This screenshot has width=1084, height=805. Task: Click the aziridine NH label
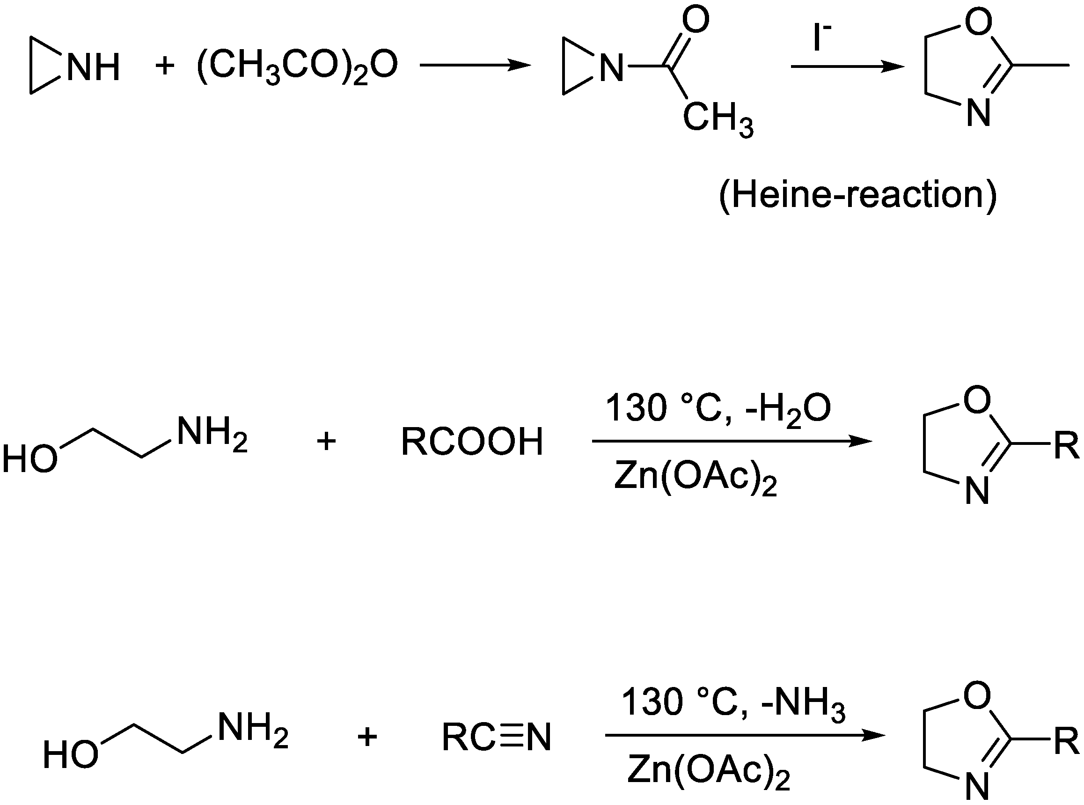(x=93, y=67)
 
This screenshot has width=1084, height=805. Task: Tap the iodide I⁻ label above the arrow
(x=821, y=38)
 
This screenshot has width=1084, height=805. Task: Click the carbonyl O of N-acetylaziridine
(x=696, y=21)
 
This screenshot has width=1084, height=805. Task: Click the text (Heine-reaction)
(x=857, y=195)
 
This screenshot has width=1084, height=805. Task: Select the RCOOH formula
(x=471, y=442)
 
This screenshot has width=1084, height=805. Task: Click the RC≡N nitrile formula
(x=496, y=737)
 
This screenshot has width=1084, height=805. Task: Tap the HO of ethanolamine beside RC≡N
(x=71, y=755)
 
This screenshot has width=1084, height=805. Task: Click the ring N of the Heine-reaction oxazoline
(x=978, y=113)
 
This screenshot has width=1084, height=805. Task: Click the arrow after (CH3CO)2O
(x=475, y=65)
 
